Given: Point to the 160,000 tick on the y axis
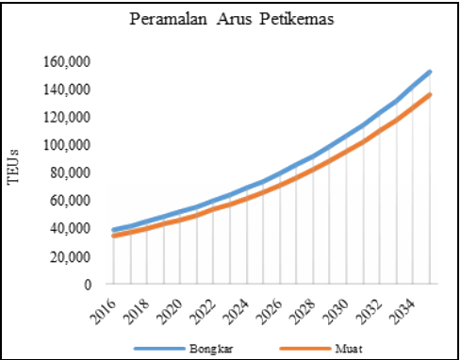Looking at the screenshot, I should (66, 62).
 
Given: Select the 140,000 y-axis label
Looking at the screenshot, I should (66, 90).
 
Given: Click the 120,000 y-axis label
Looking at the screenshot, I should (66, 118).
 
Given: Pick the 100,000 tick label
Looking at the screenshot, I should (66, 145).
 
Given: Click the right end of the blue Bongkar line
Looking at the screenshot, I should (431, 72).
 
